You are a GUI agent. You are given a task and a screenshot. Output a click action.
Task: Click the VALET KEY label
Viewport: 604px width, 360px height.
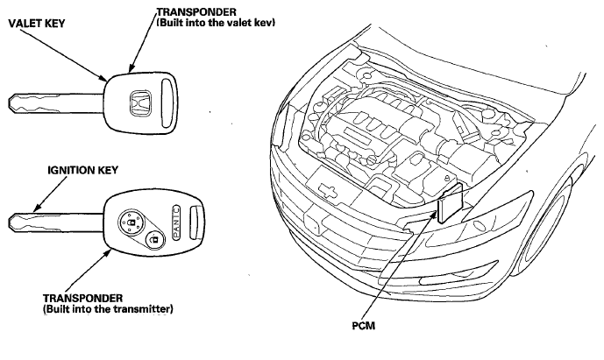(37, 24)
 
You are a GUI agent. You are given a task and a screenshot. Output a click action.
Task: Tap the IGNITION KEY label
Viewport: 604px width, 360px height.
(82, 170)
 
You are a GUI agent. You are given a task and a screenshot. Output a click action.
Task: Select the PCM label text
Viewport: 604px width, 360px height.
(363, 326)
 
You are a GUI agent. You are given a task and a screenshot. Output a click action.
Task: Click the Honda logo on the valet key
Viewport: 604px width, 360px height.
(139, 102)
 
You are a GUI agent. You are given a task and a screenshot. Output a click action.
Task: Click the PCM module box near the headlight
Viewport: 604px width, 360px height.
(450, 203)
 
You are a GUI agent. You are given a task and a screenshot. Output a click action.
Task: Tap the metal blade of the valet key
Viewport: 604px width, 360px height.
(56, 103)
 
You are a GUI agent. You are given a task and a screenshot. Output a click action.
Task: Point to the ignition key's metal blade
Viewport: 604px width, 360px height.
(56, 222)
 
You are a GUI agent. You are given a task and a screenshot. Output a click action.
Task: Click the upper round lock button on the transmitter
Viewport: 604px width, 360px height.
(131, 222)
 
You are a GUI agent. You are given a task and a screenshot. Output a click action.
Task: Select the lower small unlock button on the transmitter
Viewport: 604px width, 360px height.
(155, 240)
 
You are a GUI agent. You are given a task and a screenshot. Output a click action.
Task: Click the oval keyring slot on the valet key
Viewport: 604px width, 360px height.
(166, 102)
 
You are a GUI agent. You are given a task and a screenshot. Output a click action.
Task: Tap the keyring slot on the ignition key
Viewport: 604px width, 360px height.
(195, 222)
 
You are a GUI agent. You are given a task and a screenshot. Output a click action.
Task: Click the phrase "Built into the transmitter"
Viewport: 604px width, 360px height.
(108, 309)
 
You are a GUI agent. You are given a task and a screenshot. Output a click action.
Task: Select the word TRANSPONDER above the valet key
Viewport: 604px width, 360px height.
(196, 12)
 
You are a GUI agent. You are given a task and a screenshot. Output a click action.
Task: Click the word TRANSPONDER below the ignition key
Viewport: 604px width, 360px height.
(82, 299)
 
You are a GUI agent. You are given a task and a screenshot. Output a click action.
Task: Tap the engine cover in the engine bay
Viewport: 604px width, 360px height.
(370, 127)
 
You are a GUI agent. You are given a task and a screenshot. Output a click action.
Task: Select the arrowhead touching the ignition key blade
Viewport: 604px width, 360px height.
(37, 208)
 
